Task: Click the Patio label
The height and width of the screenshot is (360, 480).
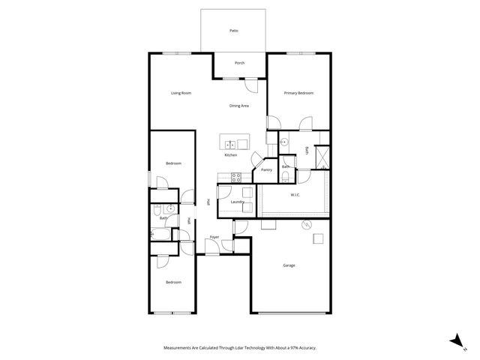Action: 233,31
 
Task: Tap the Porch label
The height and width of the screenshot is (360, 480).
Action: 240,63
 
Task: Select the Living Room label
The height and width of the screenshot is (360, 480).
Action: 181,93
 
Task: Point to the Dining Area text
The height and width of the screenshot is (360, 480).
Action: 239,106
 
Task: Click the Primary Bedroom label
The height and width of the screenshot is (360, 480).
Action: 298,93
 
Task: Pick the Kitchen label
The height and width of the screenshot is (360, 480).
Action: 231,155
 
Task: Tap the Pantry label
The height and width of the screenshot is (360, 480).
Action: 266,170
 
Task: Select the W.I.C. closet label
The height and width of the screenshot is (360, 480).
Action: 295,196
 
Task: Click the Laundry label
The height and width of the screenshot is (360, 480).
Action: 238,202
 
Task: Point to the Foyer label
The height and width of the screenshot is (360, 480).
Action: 214,238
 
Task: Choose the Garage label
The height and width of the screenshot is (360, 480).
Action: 289,265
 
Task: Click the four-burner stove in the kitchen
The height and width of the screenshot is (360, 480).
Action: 236,178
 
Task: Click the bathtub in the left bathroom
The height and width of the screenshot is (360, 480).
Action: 160,234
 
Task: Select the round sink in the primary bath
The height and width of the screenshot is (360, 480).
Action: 285,141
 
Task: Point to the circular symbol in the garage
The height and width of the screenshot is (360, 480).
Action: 305,225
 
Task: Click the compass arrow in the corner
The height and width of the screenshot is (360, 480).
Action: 454,340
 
